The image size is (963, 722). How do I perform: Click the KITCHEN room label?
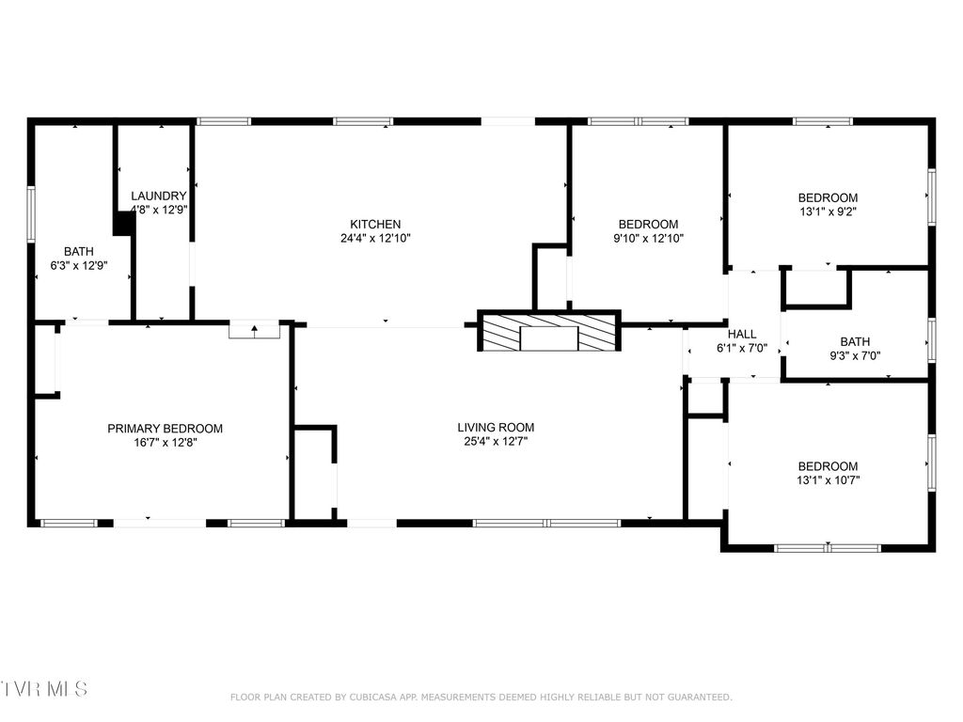375,224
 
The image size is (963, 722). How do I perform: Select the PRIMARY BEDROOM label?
165,429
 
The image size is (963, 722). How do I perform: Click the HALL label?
742,334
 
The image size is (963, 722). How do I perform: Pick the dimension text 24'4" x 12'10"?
375,238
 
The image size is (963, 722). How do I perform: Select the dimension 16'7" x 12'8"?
165,442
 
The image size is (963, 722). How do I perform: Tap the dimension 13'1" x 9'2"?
828,212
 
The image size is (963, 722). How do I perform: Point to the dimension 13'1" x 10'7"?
828,479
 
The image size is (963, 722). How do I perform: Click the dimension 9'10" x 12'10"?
647,238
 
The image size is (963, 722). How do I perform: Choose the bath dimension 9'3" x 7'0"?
855,355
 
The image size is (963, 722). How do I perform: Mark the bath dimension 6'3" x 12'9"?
79,265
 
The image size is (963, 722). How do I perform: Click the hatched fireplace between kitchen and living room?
549,332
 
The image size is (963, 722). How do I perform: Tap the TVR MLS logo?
44,689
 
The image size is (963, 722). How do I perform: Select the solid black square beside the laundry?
122,224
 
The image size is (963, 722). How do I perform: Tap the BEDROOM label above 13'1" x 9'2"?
828,197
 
